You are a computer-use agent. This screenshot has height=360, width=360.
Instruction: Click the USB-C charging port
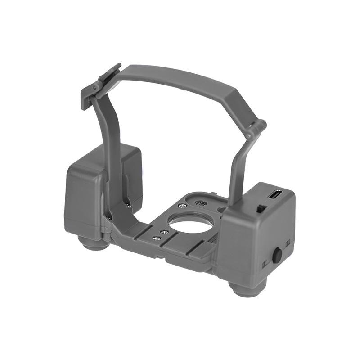(275, 195)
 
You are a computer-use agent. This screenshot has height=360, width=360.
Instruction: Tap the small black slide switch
(259, 209)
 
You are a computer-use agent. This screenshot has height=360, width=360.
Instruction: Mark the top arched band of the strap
(180, 81)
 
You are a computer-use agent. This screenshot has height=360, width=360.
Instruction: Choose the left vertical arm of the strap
(112, 148)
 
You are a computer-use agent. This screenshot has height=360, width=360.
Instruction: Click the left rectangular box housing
(83, 198)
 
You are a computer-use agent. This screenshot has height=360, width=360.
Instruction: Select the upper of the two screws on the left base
(165, 232)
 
